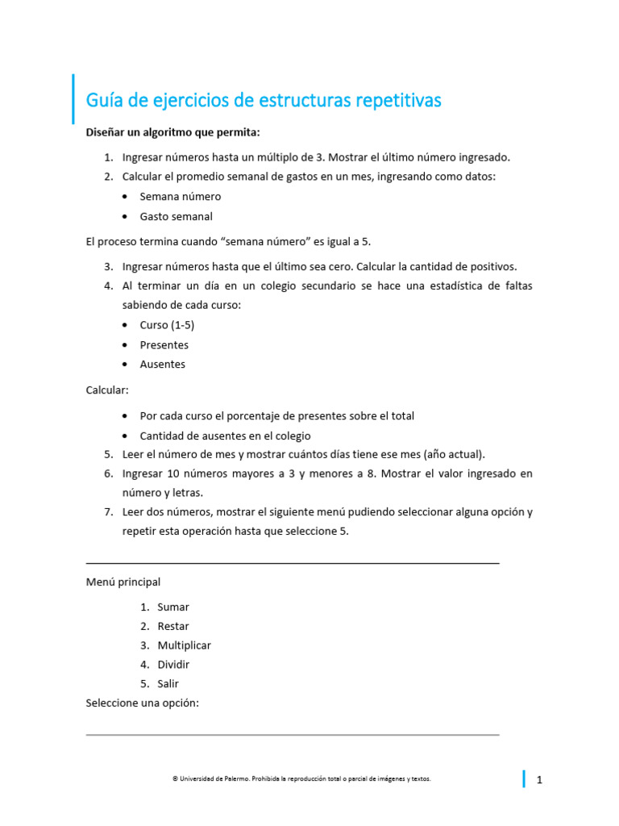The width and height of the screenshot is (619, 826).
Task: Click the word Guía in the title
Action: click(x=104, y=101)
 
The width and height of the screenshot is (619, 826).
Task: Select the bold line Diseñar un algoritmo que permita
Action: click(x=173, y=131)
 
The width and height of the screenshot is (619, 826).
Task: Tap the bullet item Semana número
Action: click(x=180, y=196)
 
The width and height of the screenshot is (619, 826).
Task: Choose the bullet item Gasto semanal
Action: click(x=176, y=216)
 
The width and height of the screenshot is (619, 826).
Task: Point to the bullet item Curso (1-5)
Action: click(x=167, y=325)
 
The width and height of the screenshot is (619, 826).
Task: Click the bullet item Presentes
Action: click(x=164, y=344)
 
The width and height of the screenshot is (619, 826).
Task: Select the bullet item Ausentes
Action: click(x=162, y=364)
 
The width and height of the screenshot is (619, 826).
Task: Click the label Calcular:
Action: click(x=107, y=390)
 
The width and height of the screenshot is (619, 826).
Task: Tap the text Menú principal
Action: click(x=123, y=582)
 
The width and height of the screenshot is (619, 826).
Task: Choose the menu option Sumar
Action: click(x=173, y=607)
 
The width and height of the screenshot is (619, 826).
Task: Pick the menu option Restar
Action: click(x=173, y=626)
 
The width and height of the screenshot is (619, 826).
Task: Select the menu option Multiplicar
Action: click(x=184, y=645)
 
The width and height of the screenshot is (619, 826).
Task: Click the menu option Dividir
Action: click(x=173, y=665)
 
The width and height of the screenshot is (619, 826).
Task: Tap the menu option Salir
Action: click(x=168, y=684)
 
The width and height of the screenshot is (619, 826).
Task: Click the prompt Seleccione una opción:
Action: click(x=142, y=703)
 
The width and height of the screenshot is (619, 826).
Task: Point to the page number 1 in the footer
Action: click(x=539, y=780)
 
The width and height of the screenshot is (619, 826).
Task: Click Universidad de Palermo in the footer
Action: click(x=211, y=779)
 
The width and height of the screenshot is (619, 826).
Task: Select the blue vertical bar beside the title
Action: click(x=73, y=99)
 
